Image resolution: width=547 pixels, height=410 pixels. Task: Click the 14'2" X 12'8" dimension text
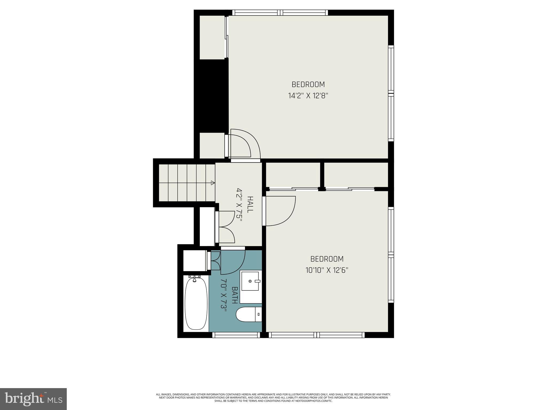[308, 96]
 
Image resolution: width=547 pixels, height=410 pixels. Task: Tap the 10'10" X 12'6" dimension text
[327, 270]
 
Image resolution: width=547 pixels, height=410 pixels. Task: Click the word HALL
[250, 204]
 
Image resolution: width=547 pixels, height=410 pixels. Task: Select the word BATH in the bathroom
[235, 295]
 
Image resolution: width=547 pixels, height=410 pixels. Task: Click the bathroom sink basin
[250, 281]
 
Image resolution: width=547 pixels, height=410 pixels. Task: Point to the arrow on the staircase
[213, 183]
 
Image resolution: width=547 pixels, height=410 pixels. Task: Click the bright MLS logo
[33, 399]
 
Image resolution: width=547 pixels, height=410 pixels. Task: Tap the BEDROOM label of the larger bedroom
[308, 84]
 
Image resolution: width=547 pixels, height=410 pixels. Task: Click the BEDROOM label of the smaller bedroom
[327, 259]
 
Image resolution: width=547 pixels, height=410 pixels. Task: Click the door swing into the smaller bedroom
[280, 211]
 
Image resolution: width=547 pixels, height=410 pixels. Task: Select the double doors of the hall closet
[226, 227]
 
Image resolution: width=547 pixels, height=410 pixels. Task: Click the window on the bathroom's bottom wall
[236, 335]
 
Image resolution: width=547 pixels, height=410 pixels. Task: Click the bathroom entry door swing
[232, 262]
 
